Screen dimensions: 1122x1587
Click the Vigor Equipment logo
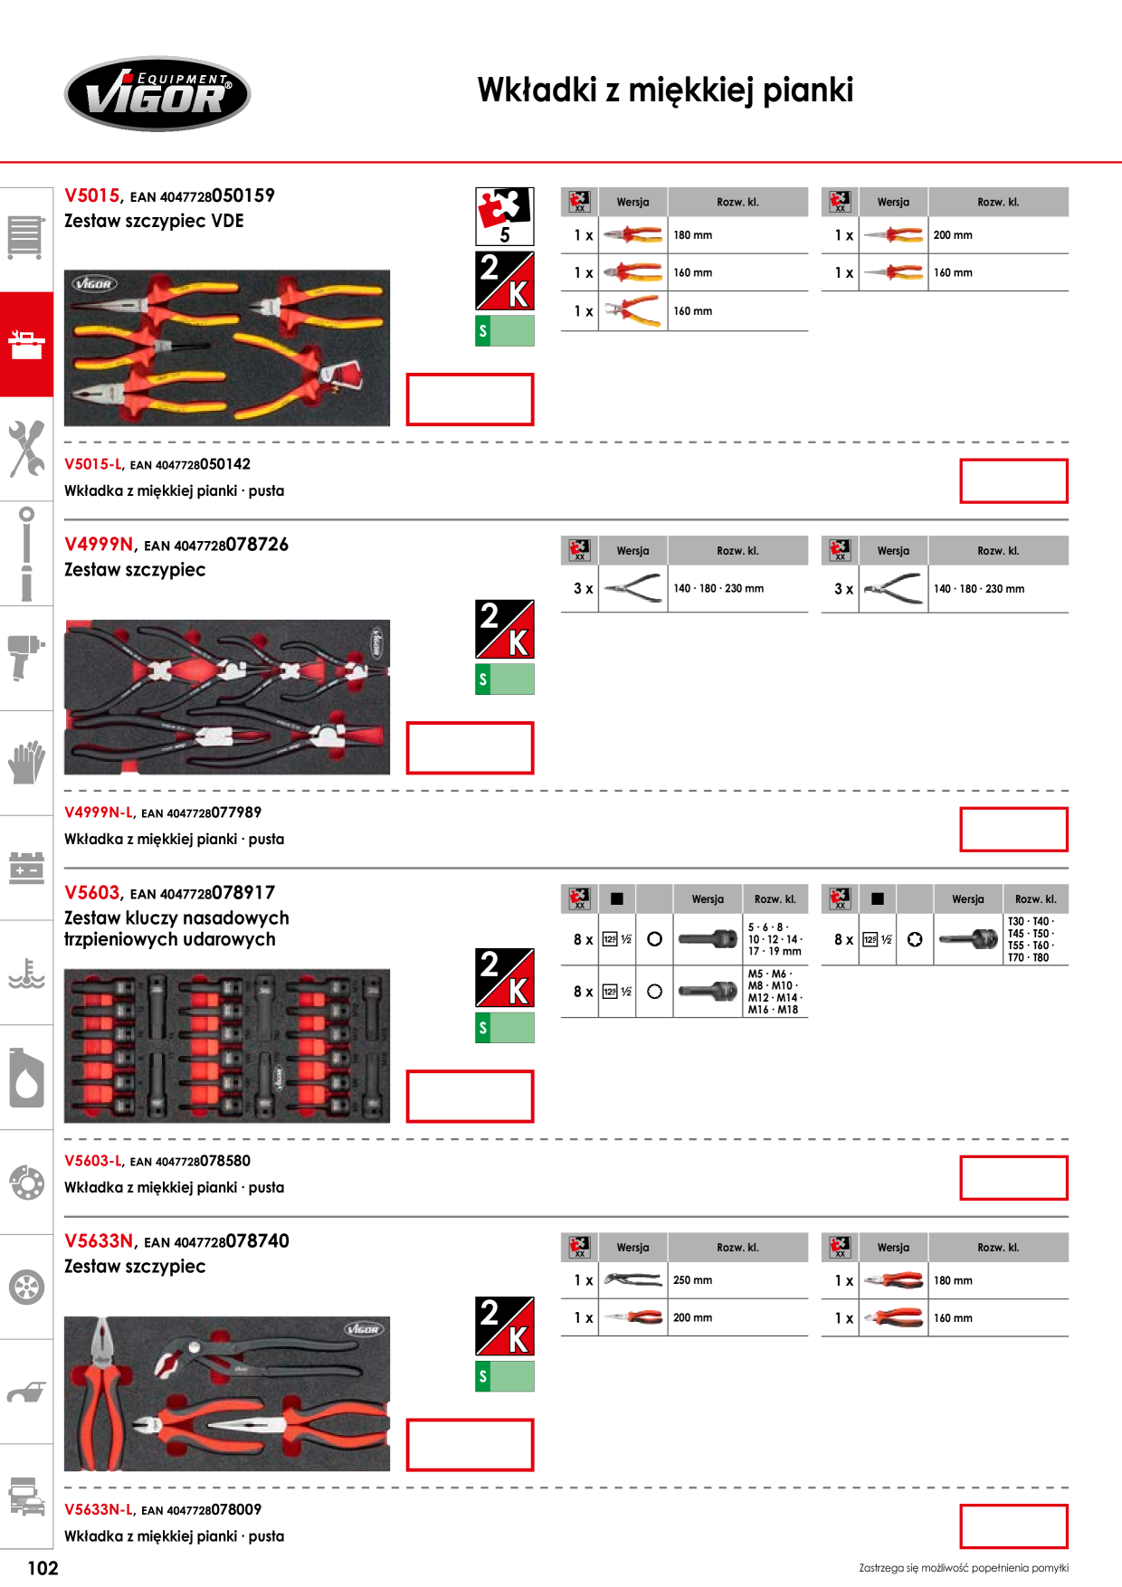(x=157, y=94)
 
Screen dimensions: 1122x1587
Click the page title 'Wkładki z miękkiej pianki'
(x=665, y=90)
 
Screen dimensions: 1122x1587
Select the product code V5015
(x=92, y=195)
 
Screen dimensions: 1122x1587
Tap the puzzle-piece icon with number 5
(x=505, y=216)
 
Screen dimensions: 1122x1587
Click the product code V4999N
(x=100, y=544)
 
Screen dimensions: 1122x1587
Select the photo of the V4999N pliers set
(x=227, y=697)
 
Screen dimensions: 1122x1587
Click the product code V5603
(x=92, y=892)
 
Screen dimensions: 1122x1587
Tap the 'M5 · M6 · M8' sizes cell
(x=775, y=992)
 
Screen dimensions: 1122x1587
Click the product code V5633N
(x=100, y=1240)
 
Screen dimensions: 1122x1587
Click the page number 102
(x=43, y=1568)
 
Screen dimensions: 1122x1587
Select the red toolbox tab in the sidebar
(x=26, y=344)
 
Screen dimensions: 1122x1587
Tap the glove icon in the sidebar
(x=26, y=762)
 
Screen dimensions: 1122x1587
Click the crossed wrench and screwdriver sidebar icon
(x=26, y=448)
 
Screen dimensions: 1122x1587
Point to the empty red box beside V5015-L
(x=1013, y=480)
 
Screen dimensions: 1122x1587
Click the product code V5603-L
(x=93, y=1161)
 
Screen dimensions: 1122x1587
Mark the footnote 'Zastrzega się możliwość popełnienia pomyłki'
(x=964, y=1568)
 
